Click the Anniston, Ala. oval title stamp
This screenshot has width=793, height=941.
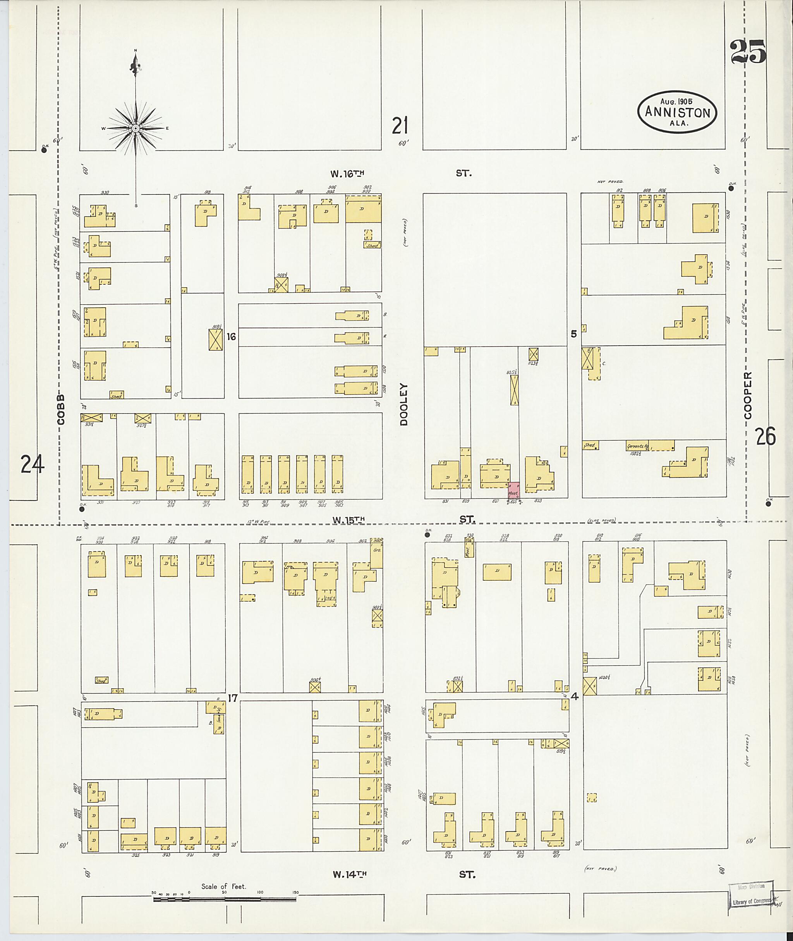(677, 112)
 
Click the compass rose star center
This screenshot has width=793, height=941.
(135, 129)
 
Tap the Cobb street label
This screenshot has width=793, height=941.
(61, 409)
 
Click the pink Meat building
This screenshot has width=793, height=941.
(514, 490)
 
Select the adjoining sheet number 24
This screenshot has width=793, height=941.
(33, 464)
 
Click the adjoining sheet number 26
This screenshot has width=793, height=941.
(765, 436)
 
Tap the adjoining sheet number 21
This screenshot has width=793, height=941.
(400, 126)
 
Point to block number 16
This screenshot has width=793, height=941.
(231, 336)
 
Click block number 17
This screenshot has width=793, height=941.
(232, 698)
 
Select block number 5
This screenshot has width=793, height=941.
(573, 334)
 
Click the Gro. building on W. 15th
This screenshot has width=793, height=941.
(377, 552)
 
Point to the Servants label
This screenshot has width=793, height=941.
(637, 446)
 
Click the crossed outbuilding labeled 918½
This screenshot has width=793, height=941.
(216, 340)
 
